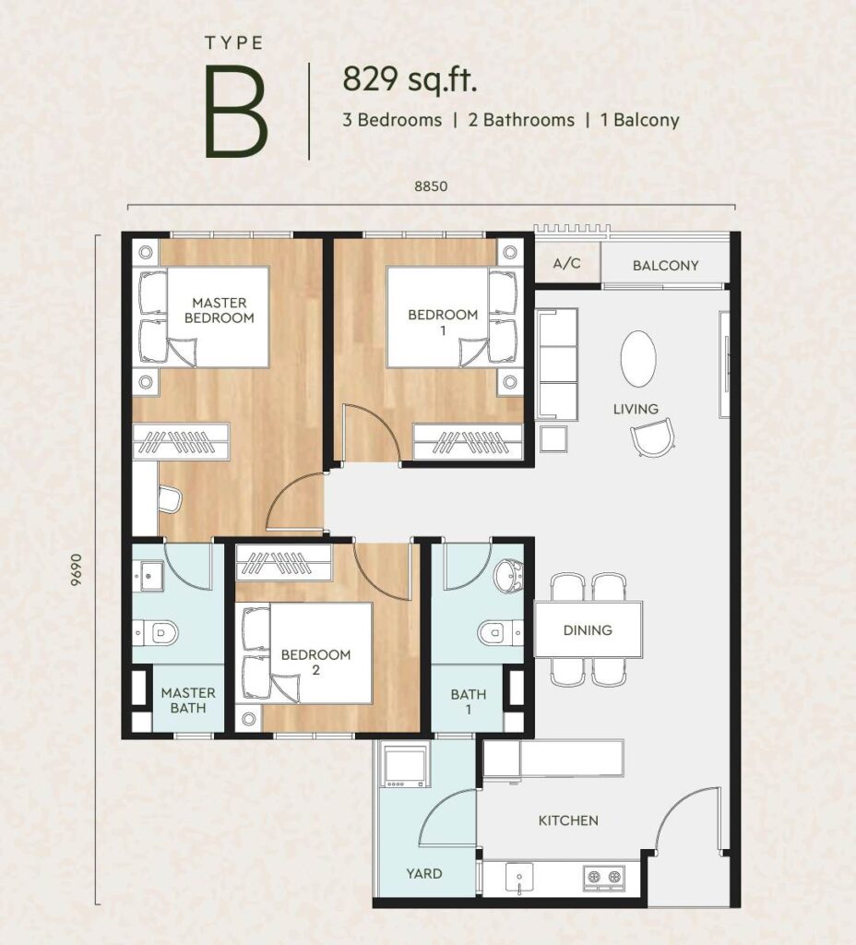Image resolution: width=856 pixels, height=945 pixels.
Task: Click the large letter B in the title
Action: tap(235, 112)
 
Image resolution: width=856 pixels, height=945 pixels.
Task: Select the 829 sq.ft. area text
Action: tap(410, 80)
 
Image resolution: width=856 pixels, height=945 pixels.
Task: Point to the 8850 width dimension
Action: tap(431, 186)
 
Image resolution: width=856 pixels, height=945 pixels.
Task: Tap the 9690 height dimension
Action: tap(76, 569)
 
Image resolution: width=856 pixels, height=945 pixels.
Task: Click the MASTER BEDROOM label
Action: tap(220, 310)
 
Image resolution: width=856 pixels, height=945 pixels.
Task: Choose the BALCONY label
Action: tap(666, 265)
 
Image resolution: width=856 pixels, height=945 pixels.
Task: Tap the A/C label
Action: tap(567, 263)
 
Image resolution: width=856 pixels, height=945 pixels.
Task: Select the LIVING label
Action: tap(636, 409)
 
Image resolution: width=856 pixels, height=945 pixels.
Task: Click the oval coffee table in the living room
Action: tap(638, 359)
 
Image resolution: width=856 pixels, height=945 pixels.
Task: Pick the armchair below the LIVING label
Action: tap(652, 437)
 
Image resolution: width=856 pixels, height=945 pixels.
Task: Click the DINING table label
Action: tap(588, 630)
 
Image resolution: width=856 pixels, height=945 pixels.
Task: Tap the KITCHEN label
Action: tap(568, 820)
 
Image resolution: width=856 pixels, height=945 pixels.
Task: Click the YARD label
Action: tap(424, 873)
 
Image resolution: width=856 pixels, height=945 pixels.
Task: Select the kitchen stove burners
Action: tap(603, 877)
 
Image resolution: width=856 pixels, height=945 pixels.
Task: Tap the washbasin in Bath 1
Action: tap(508, 576)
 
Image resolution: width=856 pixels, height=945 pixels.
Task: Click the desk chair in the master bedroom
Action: tap(170, 498)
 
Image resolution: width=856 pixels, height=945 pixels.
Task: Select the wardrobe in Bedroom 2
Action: tap(283, 562)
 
